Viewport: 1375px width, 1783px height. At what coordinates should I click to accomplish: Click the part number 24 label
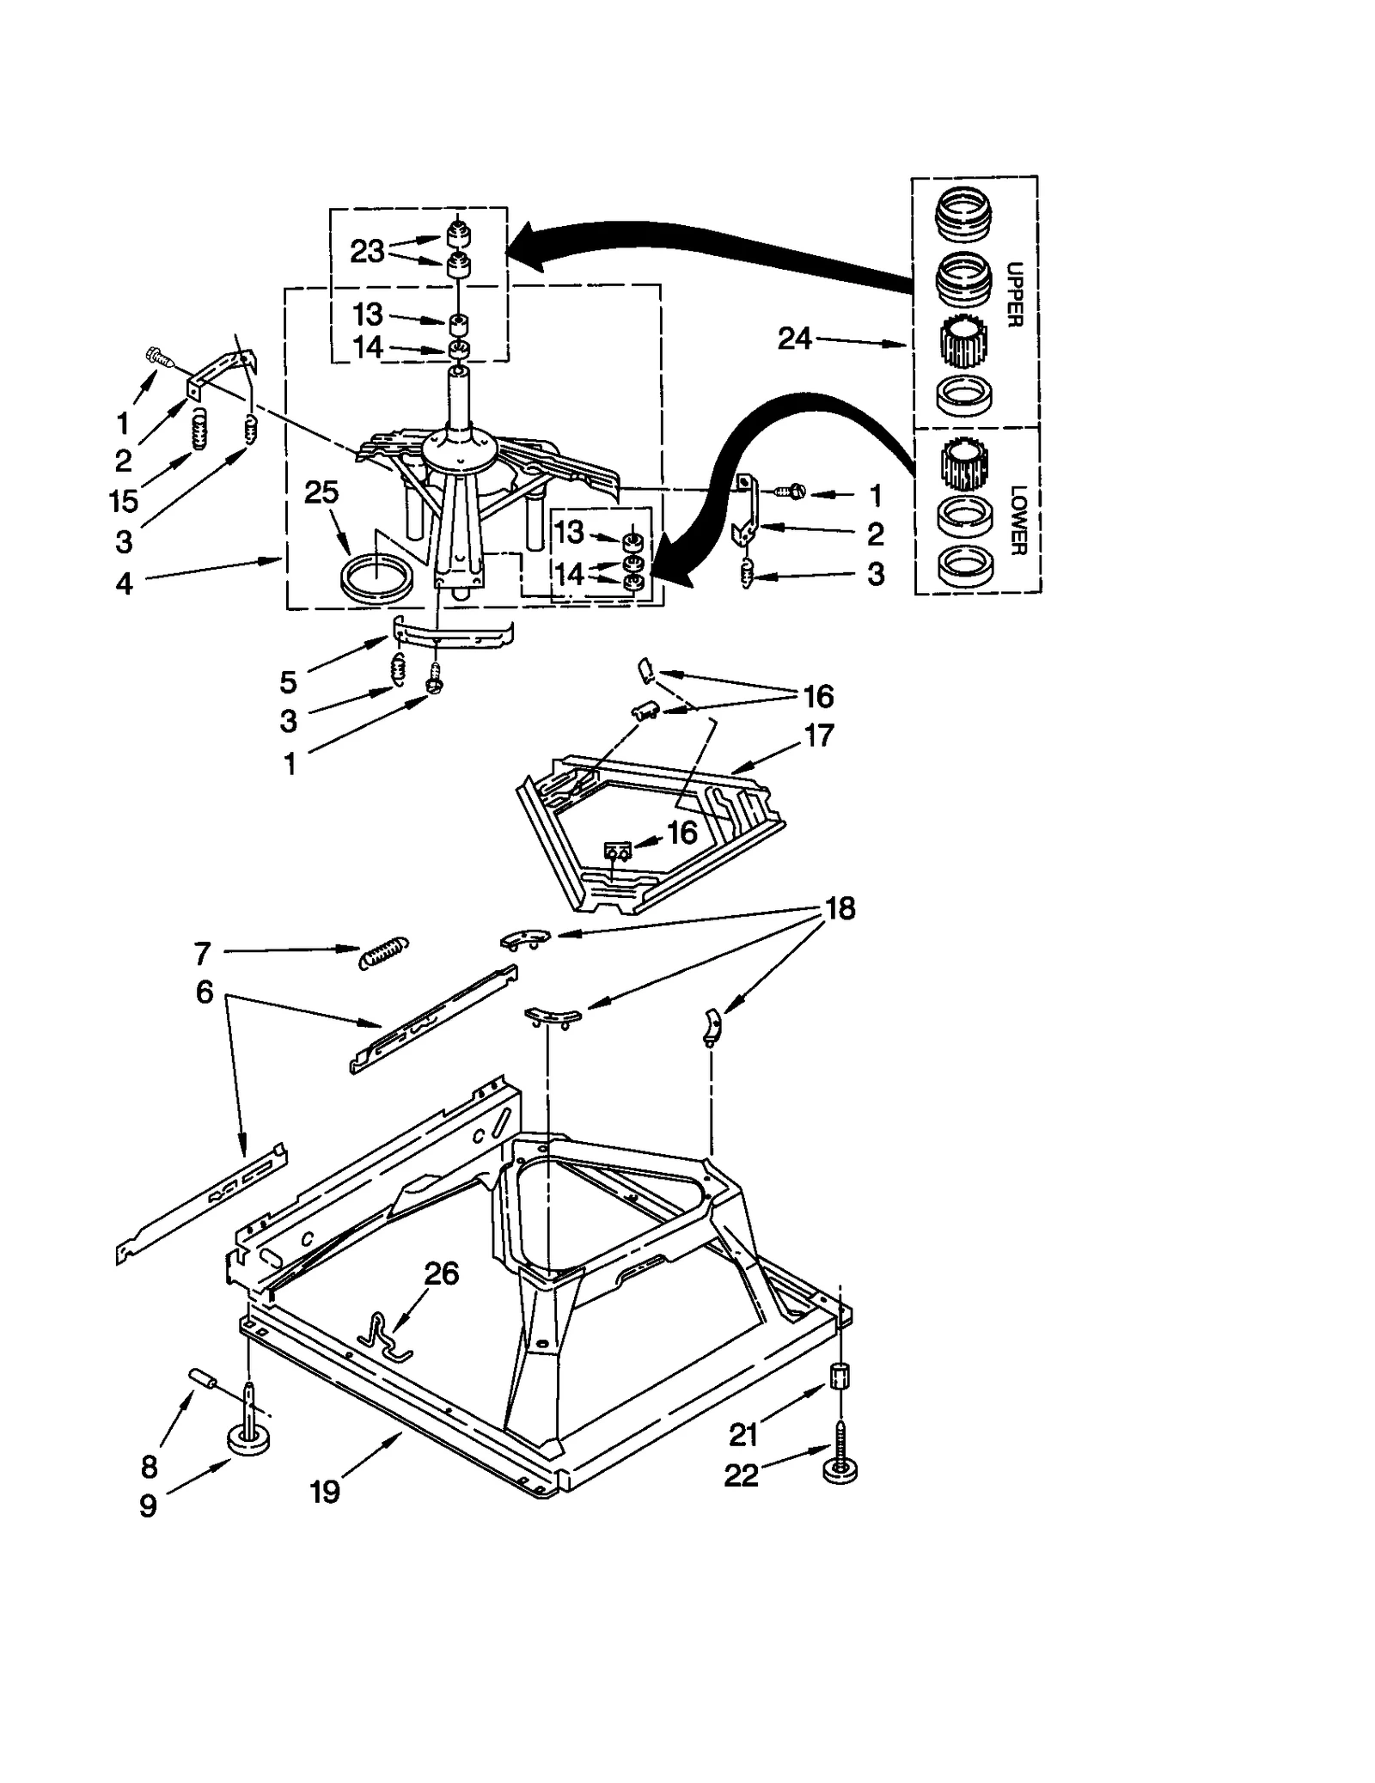tap(793, 339)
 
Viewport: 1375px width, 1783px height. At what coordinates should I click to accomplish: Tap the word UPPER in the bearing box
tap(1014, 294)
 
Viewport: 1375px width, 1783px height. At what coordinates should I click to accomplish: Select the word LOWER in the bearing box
tap(1017, 520)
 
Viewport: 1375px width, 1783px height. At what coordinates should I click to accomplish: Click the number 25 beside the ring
tap(321, 492)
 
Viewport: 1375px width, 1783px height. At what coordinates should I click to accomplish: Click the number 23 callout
tap(367, 251)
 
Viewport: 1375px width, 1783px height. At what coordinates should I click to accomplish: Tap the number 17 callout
tap(818, 736)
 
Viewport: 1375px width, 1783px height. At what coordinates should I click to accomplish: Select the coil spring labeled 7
tap(384, 952)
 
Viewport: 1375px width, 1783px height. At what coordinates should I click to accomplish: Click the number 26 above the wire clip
tap(441, 1273)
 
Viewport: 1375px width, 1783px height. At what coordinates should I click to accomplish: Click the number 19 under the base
tap(325, 1491)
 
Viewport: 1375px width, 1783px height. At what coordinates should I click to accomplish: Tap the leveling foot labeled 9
tap(247, 1437)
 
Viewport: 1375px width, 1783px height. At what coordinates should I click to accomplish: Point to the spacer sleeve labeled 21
tap(840, 1376)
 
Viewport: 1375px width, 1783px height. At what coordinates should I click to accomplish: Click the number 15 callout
tap(124, 500)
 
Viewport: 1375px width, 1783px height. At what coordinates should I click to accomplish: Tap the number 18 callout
tap(840, 908)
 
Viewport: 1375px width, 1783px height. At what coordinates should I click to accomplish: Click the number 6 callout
tap(204, 992)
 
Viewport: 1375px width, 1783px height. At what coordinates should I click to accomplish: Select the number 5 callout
tap(288, 681)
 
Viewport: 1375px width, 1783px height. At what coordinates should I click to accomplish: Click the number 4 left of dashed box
tap(125, 583)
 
